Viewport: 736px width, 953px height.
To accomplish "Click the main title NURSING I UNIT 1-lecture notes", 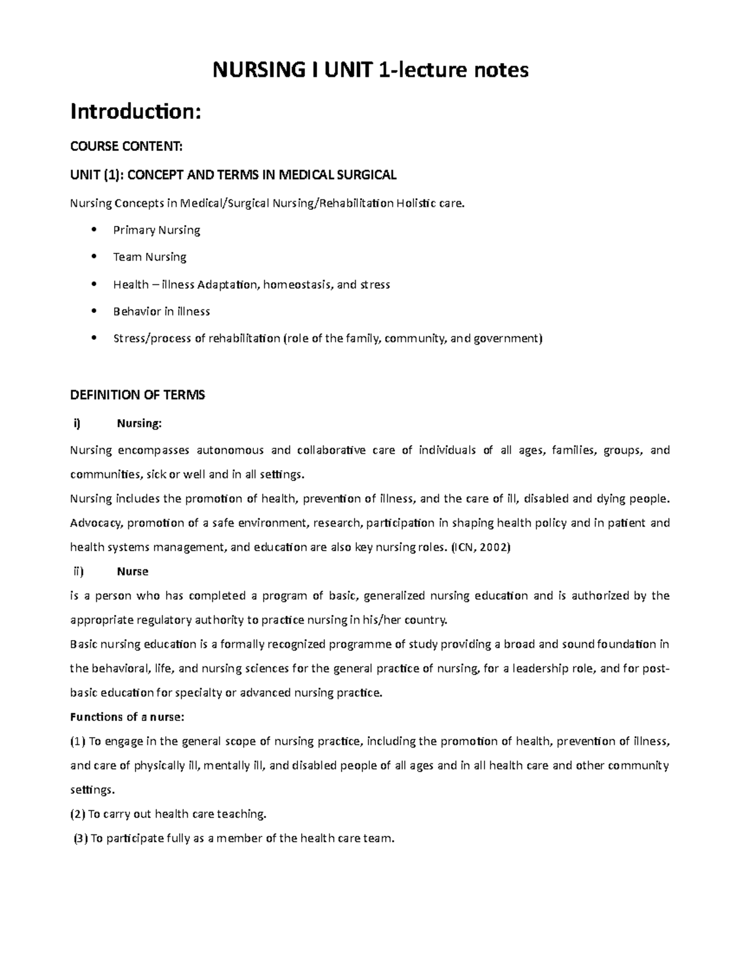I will point(370,71).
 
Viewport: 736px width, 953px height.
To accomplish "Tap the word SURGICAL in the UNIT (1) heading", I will point(367,175).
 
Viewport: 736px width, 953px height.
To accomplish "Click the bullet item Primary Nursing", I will point(156,230).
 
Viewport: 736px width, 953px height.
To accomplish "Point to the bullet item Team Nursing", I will point(150,257).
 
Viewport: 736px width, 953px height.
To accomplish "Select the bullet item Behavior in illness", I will point(161,312).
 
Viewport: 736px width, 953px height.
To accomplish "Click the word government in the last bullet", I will point(507,339).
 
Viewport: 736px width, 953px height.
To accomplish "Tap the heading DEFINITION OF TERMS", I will point(137,395).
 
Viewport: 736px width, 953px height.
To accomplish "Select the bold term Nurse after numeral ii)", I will point(132,571).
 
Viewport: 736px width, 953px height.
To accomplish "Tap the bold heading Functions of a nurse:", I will point(127,717).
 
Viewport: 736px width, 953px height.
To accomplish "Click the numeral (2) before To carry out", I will point(78,814).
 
